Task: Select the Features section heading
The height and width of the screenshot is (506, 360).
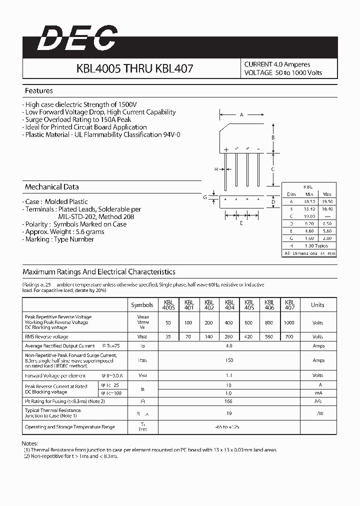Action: coord(38,91)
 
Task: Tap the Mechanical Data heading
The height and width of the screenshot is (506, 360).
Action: coord(51,187)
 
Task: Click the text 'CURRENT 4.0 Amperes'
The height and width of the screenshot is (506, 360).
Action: coord(277,64)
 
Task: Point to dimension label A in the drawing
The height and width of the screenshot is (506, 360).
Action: coord(241,115)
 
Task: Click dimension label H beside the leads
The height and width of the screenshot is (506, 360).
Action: coord(216,169)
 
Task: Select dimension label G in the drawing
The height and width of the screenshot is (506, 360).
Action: coord(205,197)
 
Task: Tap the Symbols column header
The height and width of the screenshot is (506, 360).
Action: coord(142,305)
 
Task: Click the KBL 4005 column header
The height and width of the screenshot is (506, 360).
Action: coord(168,305)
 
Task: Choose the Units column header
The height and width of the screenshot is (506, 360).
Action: coord(317,305)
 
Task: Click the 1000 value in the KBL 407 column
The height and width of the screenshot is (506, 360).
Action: coord(289,323)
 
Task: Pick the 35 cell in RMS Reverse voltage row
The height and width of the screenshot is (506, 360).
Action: coord(168,337)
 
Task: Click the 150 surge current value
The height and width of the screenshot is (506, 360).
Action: coord(228,360)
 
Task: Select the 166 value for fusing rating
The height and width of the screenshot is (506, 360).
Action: coord(228,401)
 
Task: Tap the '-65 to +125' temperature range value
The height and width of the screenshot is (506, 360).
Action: coord(228,427)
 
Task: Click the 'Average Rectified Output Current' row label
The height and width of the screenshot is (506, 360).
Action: coord(59,346)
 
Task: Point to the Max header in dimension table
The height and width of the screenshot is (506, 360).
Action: coord(327,194)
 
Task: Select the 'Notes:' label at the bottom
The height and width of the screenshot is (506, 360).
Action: coord(29,443)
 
